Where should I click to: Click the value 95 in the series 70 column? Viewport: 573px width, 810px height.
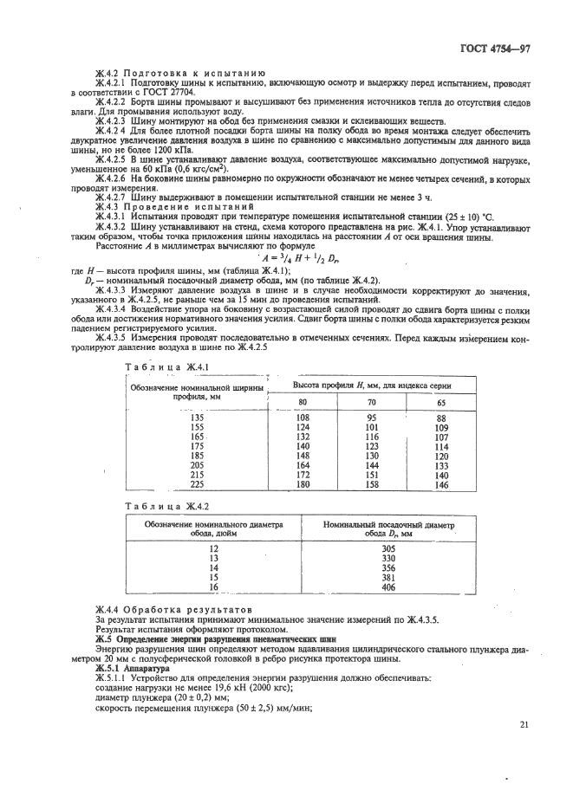click(x=372, y=418)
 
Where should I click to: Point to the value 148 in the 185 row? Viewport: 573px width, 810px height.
click(x=303, y=456)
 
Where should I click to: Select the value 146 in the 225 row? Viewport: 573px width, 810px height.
click(x=441, y=485)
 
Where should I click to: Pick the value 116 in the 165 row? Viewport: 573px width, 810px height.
click(x=372, y=437)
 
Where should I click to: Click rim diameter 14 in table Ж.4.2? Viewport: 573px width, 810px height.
click(x=213, y=567)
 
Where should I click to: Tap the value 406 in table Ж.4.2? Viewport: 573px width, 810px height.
click(x=388, y=586)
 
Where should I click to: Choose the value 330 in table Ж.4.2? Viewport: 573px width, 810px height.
click(x=388, y=558)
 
